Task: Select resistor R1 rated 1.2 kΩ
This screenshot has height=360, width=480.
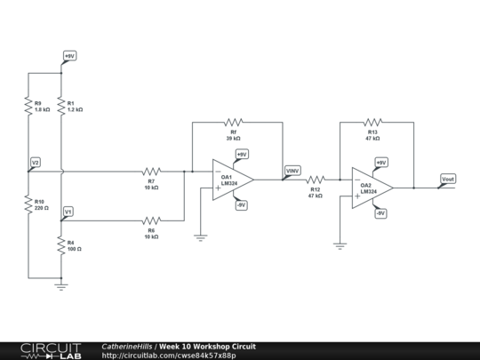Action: pyautogui.click(x=61, y=106)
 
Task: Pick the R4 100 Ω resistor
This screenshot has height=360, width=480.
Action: pyautogui.click(x=61, y=245)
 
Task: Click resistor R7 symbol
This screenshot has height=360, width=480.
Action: pyautogui.click(x=152, y=172)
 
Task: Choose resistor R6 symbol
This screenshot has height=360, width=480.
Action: pyautogui.click(x=152, y=220)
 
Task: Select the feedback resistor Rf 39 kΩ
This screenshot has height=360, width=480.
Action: pyautogui.click(x=234, y=122)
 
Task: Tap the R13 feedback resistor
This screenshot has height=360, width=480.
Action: pyautogui.click(x=372, y=122)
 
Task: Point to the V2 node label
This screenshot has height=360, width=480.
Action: pyautogui.click(x=36, y=163)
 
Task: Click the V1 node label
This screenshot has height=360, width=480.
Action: pyautogui.click(x=68, y=212)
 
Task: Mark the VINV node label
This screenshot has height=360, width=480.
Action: pyautogui.click(x=292, y=170)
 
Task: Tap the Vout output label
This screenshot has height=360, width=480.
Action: pyautogui.click(x=448, y=179)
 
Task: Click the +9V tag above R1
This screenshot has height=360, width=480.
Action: pyautogui.click(x=69, y=56)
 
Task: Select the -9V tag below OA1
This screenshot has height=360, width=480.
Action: pyautogui.click(x=241, y=205)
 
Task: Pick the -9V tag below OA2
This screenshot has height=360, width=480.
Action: pyautogui.click(x=380, y=213)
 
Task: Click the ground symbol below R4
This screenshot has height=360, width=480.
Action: pyautogui.click(x=61, y=284)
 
